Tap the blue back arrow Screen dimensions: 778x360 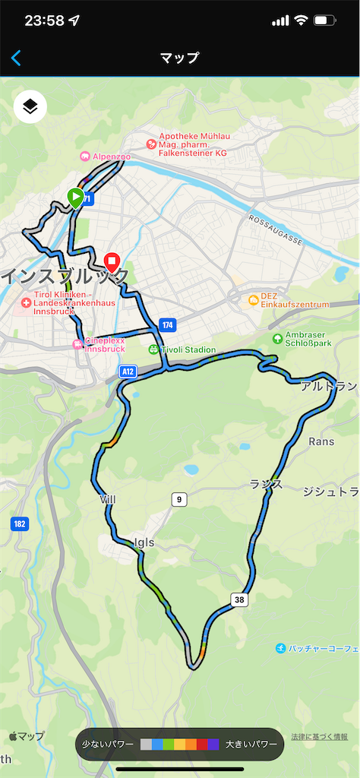pyautogui.click(x=16, y=58)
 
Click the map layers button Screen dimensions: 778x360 pyautogui.click(x=30, y=107)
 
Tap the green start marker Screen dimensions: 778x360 pyautogui.click(x=75, y=198)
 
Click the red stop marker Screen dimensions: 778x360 pyautogui.click(x=112, y=263)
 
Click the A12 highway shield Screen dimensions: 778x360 pyautogui.click(x=128, y=371)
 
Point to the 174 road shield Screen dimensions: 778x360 pyautogui.click(x=167, y=325)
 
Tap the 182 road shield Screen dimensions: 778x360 pyautogui.click(x=20, y=523)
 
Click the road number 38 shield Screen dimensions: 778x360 pyautogui.click(x=239, y=599)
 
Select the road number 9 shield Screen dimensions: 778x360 pyautogui.click(x=178, y=499)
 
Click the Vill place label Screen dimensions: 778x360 pyautogui.click(x=107, y=499)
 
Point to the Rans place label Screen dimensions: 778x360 pyautogui.click(x=321, y=441)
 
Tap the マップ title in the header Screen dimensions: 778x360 pyautogui.click(x=180, y=58)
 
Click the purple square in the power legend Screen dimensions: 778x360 pyautogui.click(x=213, y=744)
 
